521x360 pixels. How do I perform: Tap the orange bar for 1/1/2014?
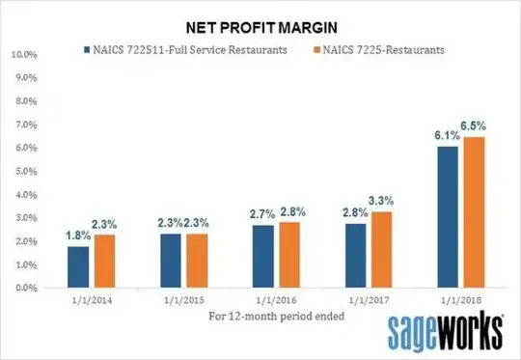point(100,261)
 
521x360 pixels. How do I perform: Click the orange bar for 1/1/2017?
point(379,249)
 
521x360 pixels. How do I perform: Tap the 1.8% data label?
point(76,235)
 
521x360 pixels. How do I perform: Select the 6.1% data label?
point(445,136)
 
